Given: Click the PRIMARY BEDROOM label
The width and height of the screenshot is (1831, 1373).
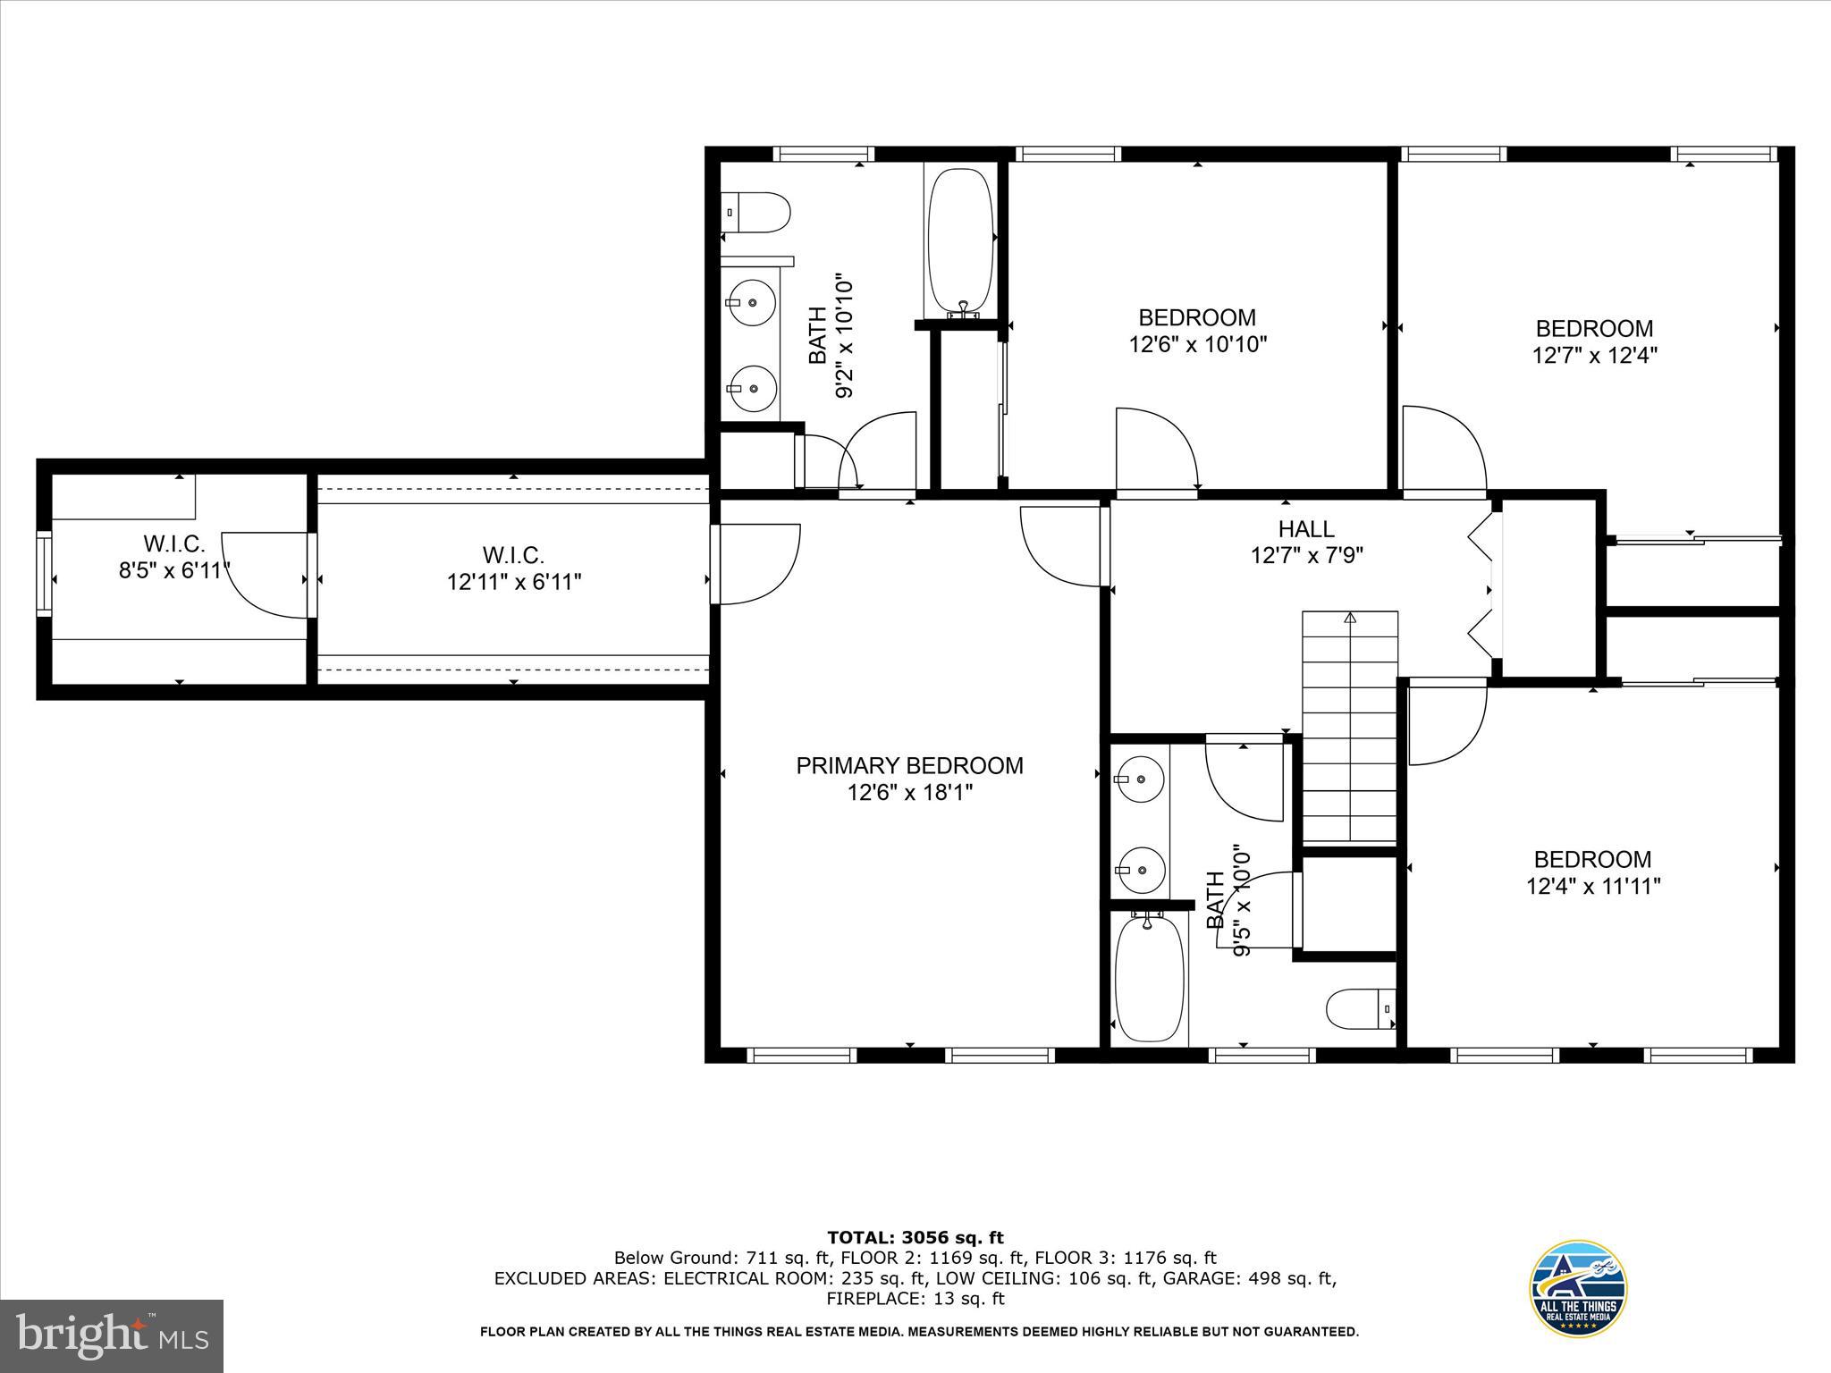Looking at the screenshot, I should click(x=909, y=765).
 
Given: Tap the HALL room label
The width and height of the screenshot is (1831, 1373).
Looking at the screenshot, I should click(x=1306, y=528).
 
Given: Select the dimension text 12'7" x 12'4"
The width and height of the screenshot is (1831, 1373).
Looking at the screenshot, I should click(x=1595, y=355).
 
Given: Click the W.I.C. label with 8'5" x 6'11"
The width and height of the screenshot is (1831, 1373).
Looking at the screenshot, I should click(x=174, y=543).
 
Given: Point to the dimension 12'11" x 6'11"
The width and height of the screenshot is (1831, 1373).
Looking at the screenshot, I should click(x=514, y=582).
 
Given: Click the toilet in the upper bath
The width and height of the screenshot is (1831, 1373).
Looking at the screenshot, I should click(x=756, y=213).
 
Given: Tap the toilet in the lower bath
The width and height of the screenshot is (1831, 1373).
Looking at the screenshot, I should click(x=1360, y=1008).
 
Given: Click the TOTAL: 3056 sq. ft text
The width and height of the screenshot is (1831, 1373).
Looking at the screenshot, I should click(x=915, y=1237).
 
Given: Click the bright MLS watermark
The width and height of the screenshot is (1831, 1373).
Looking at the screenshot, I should click(x=112, y=1335).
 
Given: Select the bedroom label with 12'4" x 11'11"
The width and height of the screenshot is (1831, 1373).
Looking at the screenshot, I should click(x=1592, y=859).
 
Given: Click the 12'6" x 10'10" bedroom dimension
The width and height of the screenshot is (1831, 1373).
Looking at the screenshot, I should click(x=1197, y=344).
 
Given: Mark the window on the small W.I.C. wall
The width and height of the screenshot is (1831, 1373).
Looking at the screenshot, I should click(x=43, y=572).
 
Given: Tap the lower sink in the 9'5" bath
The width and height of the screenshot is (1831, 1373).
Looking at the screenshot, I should click(x=1142, y=868).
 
